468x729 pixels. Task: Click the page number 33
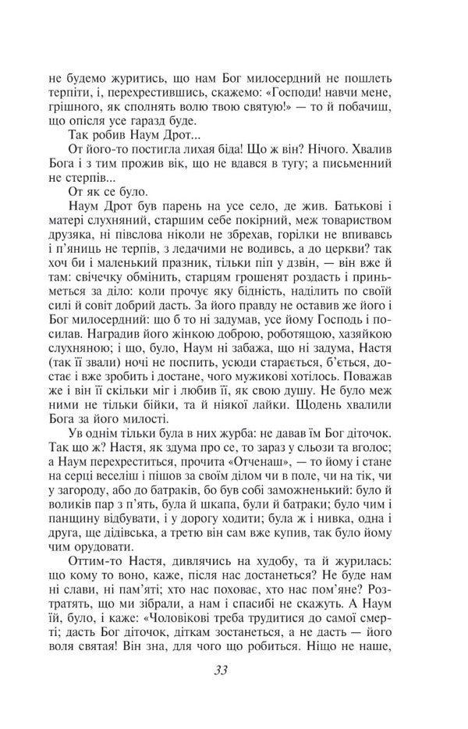[234, 671]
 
